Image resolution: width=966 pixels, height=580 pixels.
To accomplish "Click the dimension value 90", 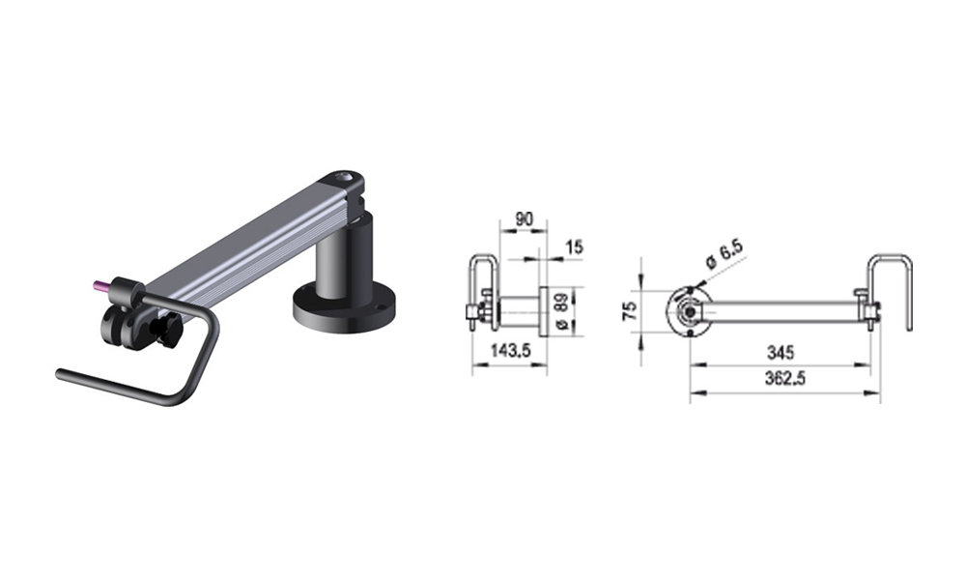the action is [x=524, y=219].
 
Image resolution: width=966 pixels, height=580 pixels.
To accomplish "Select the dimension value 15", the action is [x=574, y=247].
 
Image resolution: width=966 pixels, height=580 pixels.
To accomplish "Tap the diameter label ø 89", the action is [x=560, y=312].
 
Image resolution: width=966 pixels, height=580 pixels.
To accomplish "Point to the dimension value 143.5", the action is [x=511, y=351].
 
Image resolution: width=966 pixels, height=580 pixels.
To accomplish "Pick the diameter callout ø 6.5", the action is [x=724, y=253].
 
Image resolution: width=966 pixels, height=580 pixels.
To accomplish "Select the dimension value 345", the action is [x=781, y=353].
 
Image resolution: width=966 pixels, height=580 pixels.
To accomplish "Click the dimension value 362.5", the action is [x=784, y=378].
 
